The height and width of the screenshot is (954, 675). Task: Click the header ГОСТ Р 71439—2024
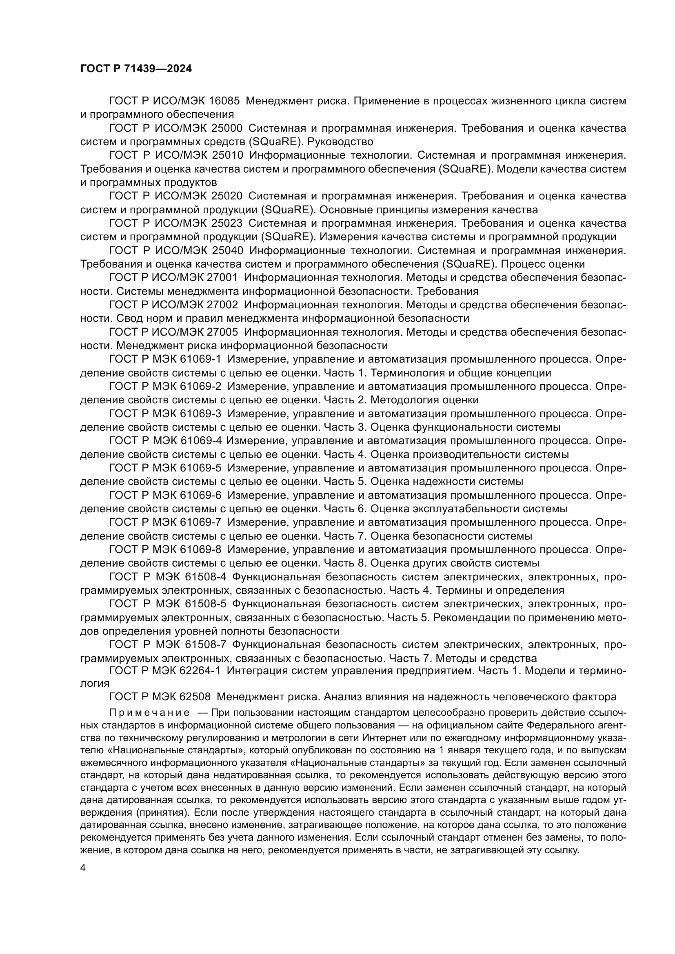[x=136, y=69]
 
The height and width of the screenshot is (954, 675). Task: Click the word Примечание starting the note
[x=149, y=713]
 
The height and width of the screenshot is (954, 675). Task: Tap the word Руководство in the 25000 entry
[x=340, y=142]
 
